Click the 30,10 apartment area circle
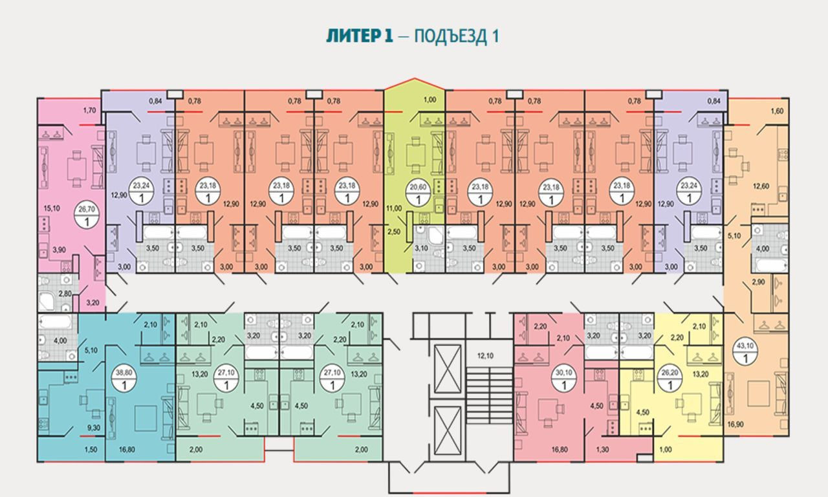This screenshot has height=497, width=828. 564,379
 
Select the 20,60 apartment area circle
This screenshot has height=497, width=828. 418,193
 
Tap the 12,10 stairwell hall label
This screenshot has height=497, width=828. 485,355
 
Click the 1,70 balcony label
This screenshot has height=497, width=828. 89,111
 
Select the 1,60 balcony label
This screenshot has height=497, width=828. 777,111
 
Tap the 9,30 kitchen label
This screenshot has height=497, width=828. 93,428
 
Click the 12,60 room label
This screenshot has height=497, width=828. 760,188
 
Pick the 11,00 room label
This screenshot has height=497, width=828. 394,208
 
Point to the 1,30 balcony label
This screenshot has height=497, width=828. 602,449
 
